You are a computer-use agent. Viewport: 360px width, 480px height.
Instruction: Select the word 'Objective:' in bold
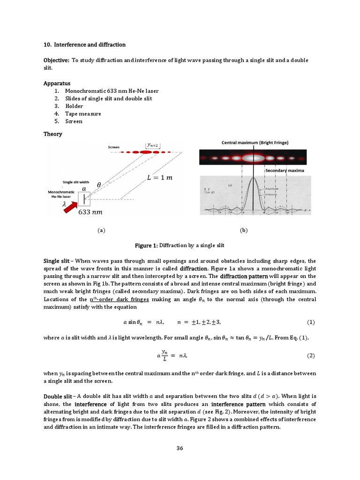click(x=56, y=60)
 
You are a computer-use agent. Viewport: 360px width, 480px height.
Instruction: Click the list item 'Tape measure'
click(x=83, y=113)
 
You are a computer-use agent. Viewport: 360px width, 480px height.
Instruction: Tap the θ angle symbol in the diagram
click(x=98, y=185)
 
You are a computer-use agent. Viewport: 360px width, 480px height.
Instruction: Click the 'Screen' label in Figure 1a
click(x=114, y=147)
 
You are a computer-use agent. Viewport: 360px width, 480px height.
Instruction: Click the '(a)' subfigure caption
click(x=101, y=230)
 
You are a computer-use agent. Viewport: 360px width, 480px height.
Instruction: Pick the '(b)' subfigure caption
click(x=243, y=230)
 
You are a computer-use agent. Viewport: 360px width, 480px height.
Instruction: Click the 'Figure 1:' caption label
click(x=146, y=245)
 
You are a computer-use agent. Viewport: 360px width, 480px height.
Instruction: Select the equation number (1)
click(x=310, y=322)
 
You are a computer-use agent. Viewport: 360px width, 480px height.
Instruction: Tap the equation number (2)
click(x=310, y=355)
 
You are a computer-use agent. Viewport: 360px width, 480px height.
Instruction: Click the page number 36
click(x=180, y=448)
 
